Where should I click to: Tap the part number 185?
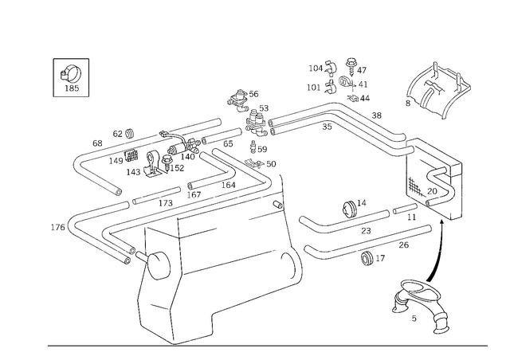pos(72,88)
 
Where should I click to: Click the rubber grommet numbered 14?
pos(350,209)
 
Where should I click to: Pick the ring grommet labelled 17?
pos(367,257)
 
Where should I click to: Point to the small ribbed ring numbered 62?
pos(130,133)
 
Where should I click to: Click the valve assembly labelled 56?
pos(238,100)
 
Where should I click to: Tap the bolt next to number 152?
pos(167,162)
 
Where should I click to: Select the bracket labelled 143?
pos(154,164)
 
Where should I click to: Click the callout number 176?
pos(57,227)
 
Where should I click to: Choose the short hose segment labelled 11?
pos(405,209)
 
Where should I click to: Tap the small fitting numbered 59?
pos(253,147)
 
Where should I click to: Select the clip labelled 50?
pos(254,164)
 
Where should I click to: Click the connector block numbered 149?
pos(131,155)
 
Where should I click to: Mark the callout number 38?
pos(377,115)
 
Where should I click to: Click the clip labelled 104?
pos(331,67)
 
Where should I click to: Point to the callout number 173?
pos(166,204)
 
